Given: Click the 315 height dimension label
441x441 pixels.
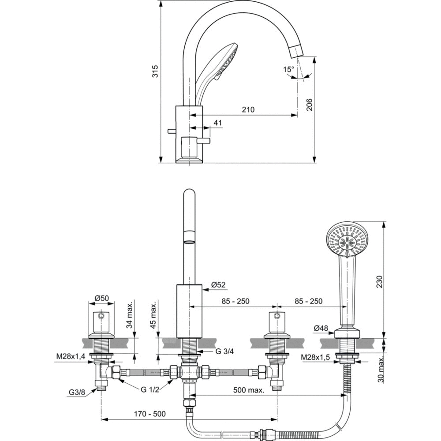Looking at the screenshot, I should coord(155,71).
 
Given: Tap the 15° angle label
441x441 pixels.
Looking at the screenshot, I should coord(288,69).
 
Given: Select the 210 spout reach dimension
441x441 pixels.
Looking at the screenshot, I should coord(248,110).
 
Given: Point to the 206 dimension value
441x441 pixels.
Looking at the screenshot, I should coord(310,104).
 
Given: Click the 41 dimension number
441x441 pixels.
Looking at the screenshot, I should coord(218,123).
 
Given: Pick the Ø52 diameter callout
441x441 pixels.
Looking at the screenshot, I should coord(218,285).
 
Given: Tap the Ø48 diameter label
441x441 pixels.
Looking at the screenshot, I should coord(321,328).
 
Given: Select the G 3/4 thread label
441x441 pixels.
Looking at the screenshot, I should coord(225,351).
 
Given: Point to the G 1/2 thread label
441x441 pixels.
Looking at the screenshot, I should coord(149,389).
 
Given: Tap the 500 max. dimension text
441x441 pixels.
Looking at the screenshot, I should coord(248,390).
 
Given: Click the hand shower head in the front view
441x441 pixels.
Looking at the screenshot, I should coord(348,239).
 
